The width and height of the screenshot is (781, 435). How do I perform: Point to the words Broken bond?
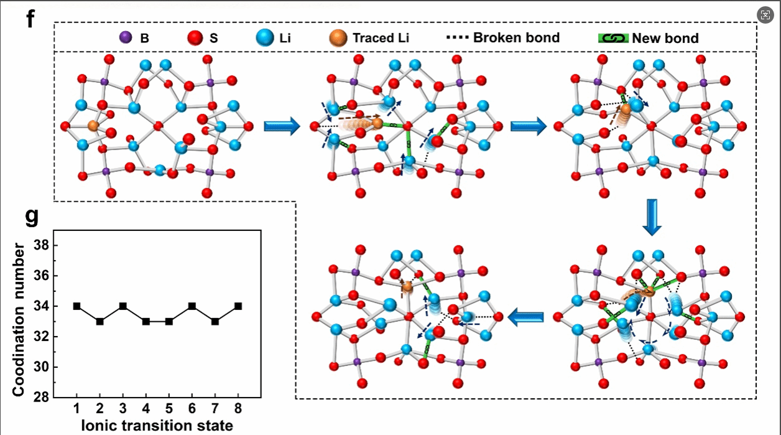click(516, 37)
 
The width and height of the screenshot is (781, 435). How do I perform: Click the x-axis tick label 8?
click(238, 410)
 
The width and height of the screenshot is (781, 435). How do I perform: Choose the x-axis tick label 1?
click(76, 410)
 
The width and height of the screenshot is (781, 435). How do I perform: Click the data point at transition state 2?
click(99, 321)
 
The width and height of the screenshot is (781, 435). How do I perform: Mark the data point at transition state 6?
click(192, 306)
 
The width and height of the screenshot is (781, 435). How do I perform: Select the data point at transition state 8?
click(238, 306)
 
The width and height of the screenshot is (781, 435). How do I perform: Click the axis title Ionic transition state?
click(157, 426)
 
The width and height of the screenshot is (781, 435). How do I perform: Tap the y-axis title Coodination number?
click(19, 320)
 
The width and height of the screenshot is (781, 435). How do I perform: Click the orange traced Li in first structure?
click(93, 126)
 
